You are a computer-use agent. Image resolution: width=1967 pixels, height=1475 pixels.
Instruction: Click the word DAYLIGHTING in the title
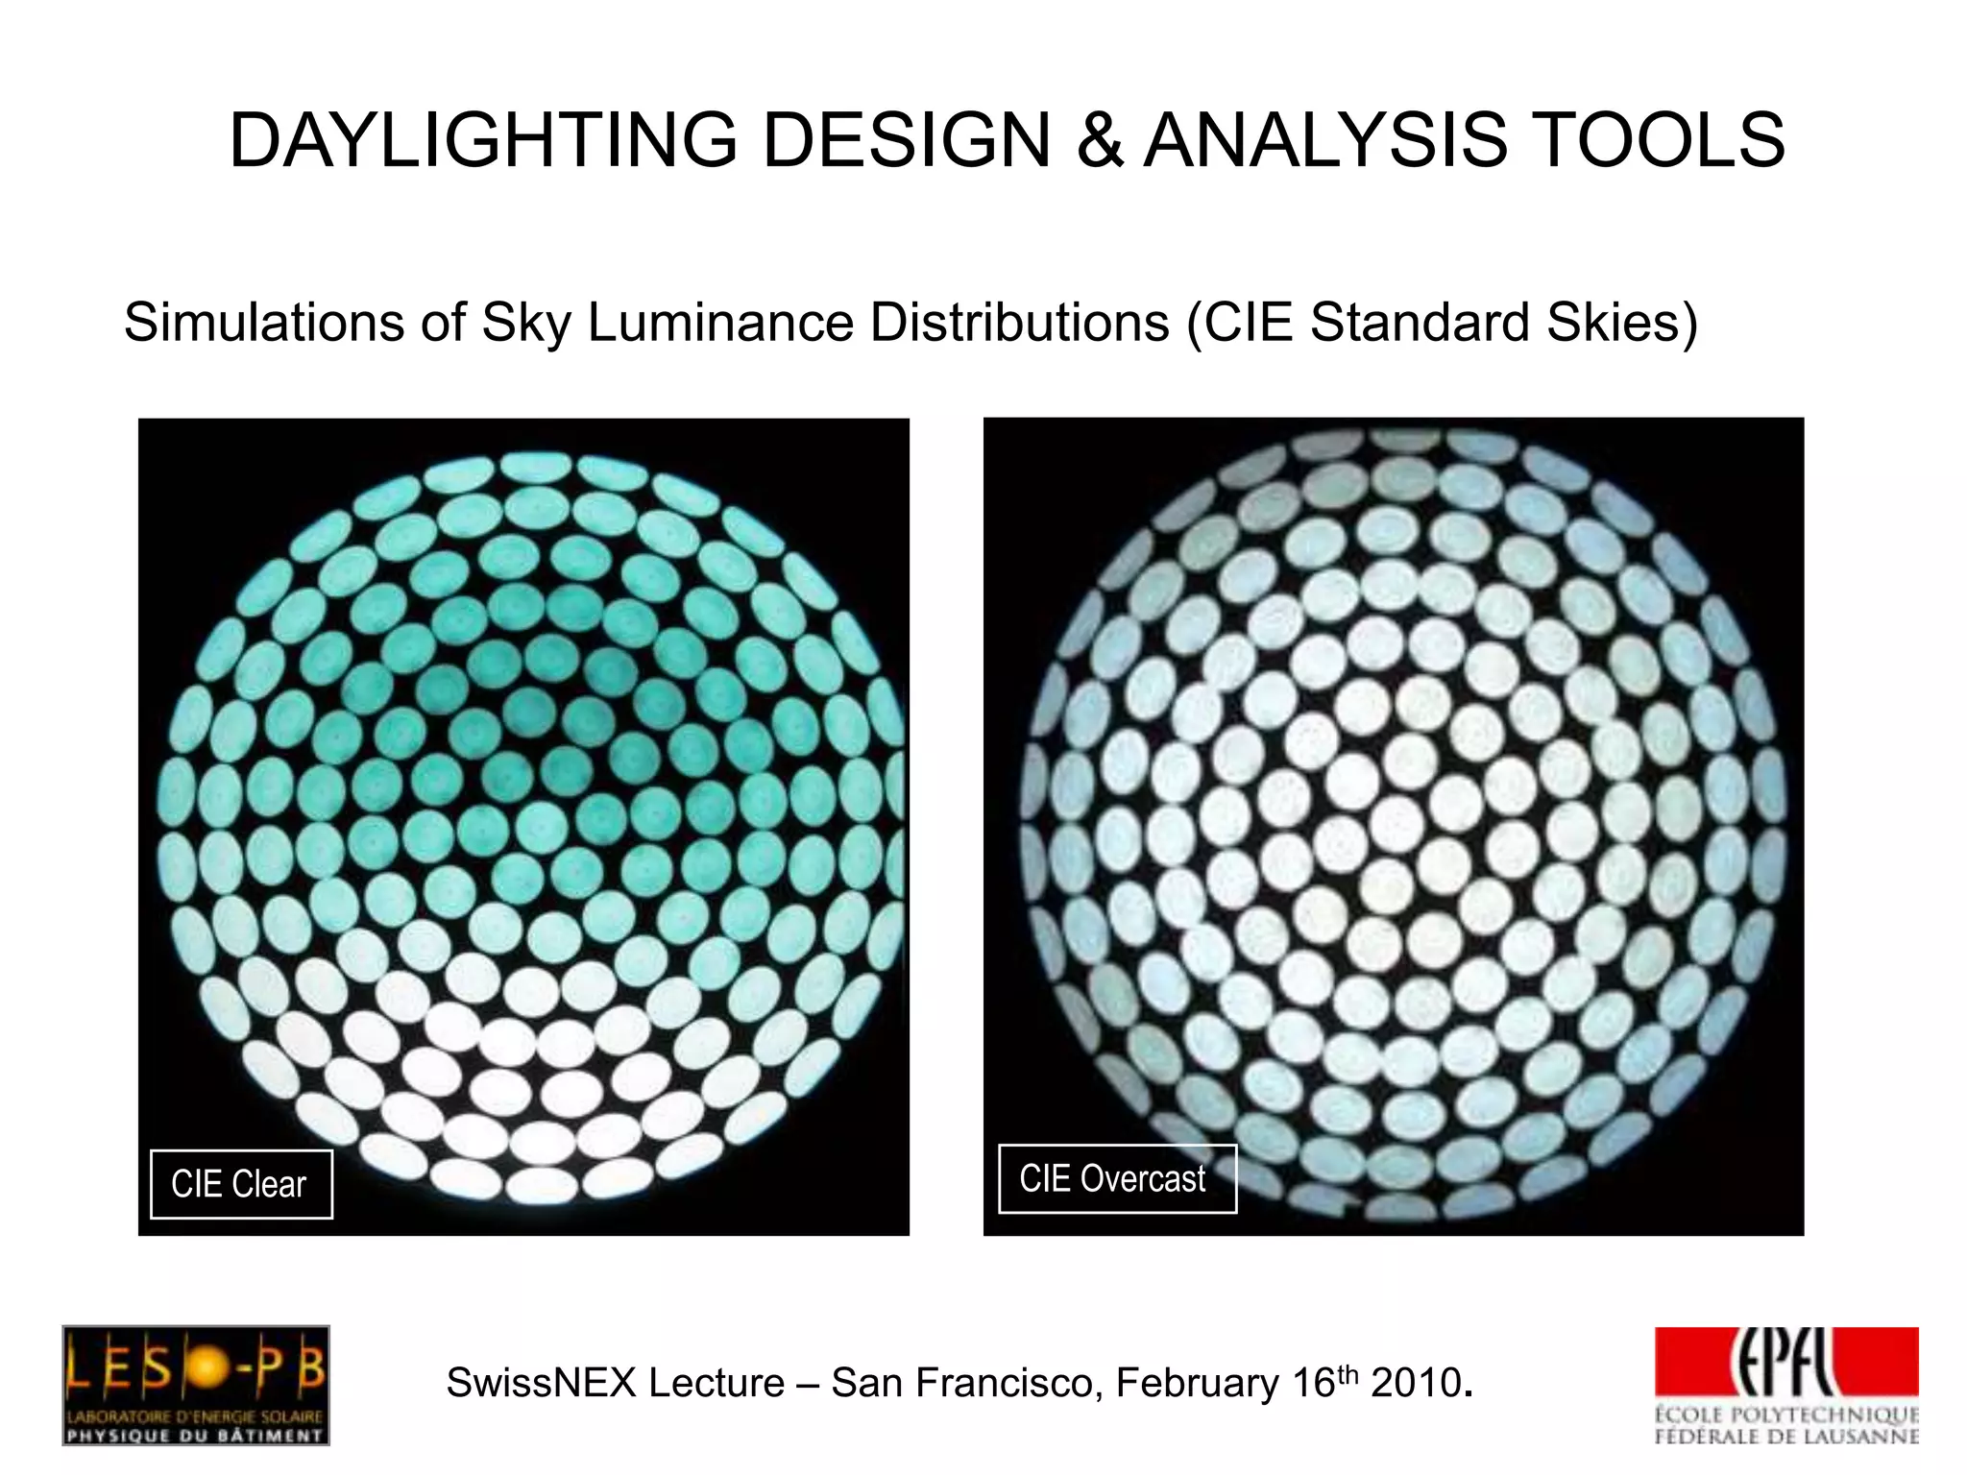point(483,140)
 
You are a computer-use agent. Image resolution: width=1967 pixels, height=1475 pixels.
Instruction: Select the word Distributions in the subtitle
point(1020,323)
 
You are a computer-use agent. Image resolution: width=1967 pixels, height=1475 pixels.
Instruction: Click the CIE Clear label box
point(241,1184)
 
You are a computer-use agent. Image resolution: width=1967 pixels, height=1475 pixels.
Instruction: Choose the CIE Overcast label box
point(1116,1178)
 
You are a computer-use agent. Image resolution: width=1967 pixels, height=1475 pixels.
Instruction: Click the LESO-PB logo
point(196,1384)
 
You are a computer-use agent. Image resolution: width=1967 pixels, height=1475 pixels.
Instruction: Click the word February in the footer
point(1198,1384)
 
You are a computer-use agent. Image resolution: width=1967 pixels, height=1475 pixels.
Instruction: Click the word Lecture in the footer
point(716,1384)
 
